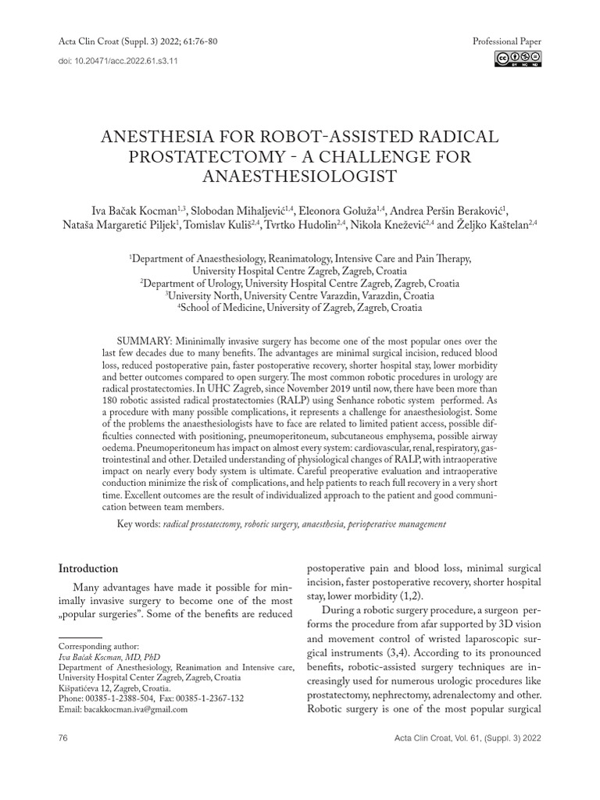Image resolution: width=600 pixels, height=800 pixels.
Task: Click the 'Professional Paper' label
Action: click(507, 41)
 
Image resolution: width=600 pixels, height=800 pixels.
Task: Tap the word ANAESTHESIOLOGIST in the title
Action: click(299, 177)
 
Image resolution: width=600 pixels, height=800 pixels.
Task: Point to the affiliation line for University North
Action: click(300, 296)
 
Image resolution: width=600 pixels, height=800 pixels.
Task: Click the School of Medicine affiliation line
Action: click(300, 308)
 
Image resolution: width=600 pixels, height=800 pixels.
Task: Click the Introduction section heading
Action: click(88, 569)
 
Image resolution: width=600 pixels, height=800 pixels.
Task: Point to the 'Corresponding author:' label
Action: click(99, 647)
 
